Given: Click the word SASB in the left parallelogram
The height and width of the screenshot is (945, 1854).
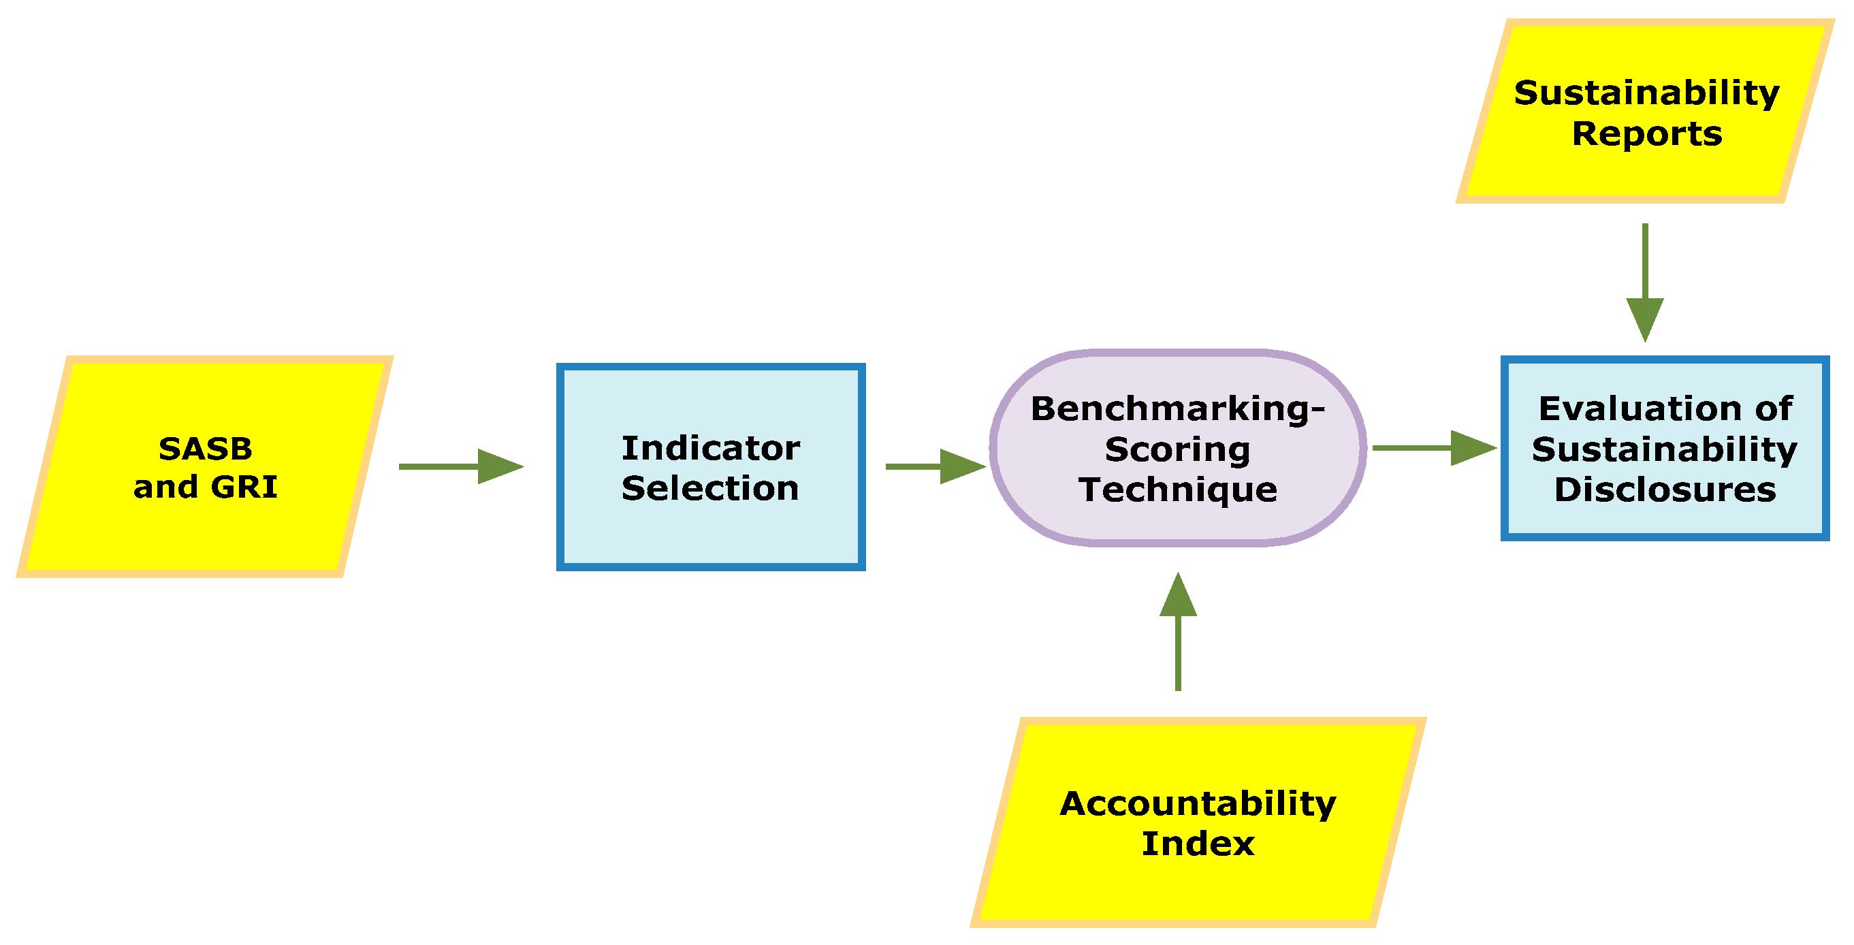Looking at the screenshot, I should (x=205, y=449).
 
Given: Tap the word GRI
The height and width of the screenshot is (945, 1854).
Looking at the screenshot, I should (x=244, y=487).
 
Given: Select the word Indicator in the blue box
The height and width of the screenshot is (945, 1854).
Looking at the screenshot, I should (x=710, y=449).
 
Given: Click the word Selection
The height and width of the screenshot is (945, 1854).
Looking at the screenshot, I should (x=710, y=489).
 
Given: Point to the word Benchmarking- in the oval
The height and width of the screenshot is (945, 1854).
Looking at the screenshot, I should (x=1177, y=409).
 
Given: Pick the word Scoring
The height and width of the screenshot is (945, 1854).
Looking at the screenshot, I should (x=1177, y=450).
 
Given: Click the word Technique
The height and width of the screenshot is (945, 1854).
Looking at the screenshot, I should (x=1177, y=490).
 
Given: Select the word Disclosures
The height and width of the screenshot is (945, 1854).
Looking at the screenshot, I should (x=1665, y=490).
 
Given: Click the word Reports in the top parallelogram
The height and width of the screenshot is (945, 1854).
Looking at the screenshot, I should (x=1647, y=134).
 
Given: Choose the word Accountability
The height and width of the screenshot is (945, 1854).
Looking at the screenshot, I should (x=1198, y=803).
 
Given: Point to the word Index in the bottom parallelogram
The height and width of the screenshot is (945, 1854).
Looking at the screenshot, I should (x=1198, y=844).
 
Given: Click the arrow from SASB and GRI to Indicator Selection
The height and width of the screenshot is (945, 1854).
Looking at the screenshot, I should (x=461, y=466).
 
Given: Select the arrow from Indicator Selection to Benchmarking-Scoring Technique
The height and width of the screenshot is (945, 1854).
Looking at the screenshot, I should (x=935, y=466).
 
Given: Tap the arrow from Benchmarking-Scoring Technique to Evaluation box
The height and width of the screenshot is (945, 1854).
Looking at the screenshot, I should (x=1434, y=448).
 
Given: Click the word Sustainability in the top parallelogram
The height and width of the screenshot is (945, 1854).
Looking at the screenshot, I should (x=1647, y=93).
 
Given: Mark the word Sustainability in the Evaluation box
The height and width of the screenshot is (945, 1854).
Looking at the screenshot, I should (x=1665, y=450).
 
